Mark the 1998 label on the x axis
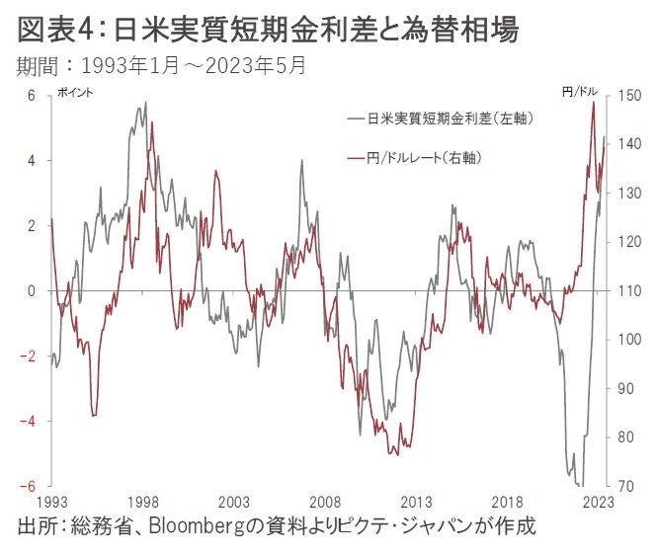(x=143, y=501)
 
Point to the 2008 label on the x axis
(x=325, y=501)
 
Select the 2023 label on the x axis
(x=599, y=501)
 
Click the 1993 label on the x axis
(x=51, y=501)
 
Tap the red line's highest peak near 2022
(x=593, y=102)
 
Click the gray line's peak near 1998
(x=146, y=103)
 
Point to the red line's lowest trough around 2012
(x=394, y=454)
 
